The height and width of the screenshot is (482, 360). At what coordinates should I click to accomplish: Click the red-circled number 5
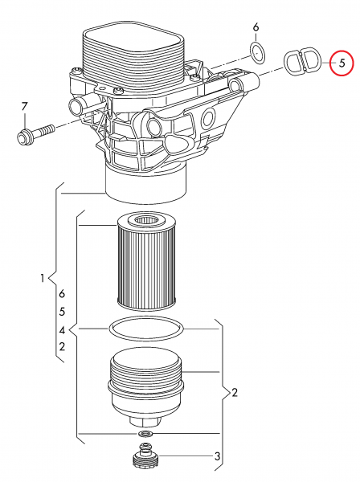point(342,63)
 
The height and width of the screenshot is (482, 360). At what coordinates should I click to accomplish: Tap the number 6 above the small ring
point(256,27)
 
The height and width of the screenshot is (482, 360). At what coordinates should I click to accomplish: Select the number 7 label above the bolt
point(24,107)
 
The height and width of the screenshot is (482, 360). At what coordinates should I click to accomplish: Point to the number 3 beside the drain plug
point(217,456)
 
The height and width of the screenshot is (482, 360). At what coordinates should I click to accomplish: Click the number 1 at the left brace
point(43,279)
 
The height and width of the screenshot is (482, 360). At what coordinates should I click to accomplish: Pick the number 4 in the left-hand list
point(62,330)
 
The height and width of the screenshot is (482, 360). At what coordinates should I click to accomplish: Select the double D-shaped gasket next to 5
point(302,62)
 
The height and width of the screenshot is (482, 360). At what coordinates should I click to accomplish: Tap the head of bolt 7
point(24,137)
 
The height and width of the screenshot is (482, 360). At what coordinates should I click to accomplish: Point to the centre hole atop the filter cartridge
point(146,221)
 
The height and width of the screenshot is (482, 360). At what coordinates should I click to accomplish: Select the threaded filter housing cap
point(145,387)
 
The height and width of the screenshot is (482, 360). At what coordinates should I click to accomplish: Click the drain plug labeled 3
point(146,455)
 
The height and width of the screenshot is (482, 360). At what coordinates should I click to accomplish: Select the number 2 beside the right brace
point(235,393)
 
